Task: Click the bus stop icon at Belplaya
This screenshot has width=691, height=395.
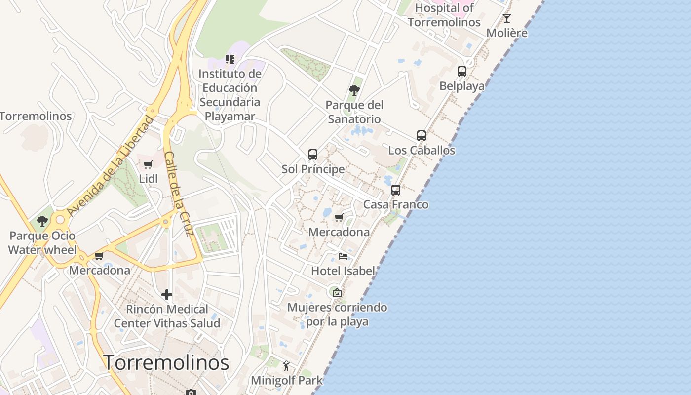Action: [x=462, y=72]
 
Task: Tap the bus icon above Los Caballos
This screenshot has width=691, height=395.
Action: [x=421, y=136]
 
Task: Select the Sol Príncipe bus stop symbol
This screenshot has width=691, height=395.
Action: [x=313, y=155]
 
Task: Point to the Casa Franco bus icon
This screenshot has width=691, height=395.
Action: [x=396, y=190]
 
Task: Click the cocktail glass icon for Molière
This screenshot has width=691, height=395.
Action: [x=507, y=19]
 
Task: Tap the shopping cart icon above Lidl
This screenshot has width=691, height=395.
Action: [x=148, y=164]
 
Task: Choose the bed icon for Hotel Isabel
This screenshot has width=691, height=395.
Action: [x=343, y=256]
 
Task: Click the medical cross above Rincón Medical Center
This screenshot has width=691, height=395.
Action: [x=167, y=295]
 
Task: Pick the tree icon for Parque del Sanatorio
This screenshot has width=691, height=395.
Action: [x=354, y=90]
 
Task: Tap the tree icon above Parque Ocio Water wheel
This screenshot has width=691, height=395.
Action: [x=42, y=221]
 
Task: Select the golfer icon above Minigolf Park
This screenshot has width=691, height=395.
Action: [x=286, y=366]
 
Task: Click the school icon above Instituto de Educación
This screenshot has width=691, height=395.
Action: [x=230, y=59]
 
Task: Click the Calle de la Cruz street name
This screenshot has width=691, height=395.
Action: [x=178, y=194]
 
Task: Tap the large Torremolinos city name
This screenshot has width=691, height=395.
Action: [x=166, y=363]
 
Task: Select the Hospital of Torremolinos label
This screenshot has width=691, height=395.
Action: [x=444, y=15]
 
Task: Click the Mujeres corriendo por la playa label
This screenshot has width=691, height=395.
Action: [x=337, y=315]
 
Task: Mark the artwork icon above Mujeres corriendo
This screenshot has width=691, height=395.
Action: [x=337, y=293]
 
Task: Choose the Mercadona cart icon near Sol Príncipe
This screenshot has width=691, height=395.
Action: [x=339, y=218]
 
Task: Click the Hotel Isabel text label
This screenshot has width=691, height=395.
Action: [x=343, y=271]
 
